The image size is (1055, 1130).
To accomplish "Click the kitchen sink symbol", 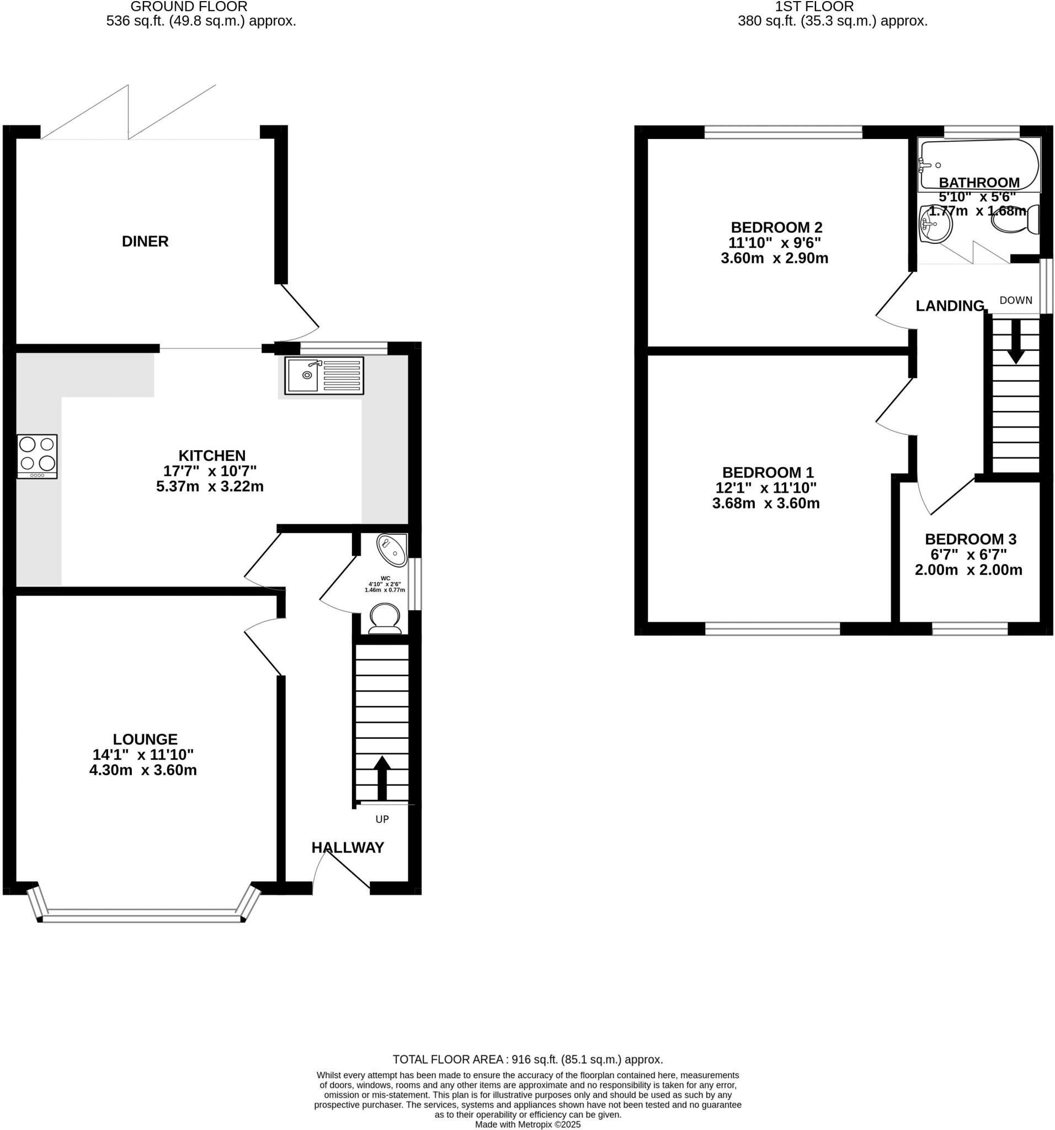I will [x=324, y=375].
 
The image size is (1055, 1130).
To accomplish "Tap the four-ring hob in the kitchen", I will [x=37, y=456].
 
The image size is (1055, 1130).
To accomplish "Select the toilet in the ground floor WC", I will [x=385, y=619].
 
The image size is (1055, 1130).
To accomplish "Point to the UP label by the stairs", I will [x=382, y=819].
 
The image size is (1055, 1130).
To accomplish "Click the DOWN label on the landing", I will [x=1015, y=300].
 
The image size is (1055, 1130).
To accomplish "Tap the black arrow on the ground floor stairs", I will [x=382, y=777].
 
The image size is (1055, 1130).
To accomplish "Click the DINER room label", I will [x=145, y=241].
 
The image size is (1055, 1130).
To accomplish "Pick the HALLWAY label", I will [x=347, y=847].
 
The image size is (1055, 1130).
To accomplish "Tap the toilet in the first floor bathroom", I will [x=1016, y=221].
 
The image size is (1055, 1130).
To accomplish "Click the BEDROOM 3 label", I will [x=971, y=539].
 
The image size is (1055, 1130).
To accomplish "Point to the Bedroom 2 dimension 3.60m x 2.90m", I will [x=774, y=258].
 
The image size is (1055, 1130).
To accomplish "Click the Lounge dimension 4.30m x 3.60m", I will [x=143, y=770].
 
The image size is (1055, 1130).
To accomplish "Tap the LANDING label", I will [x=949, y=306].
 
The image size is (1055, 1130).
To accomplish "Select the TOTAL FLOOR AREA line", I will [x=527, y=1059].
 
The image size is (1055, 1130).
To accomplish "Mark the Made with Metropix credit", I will [x=527, y=1124].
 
